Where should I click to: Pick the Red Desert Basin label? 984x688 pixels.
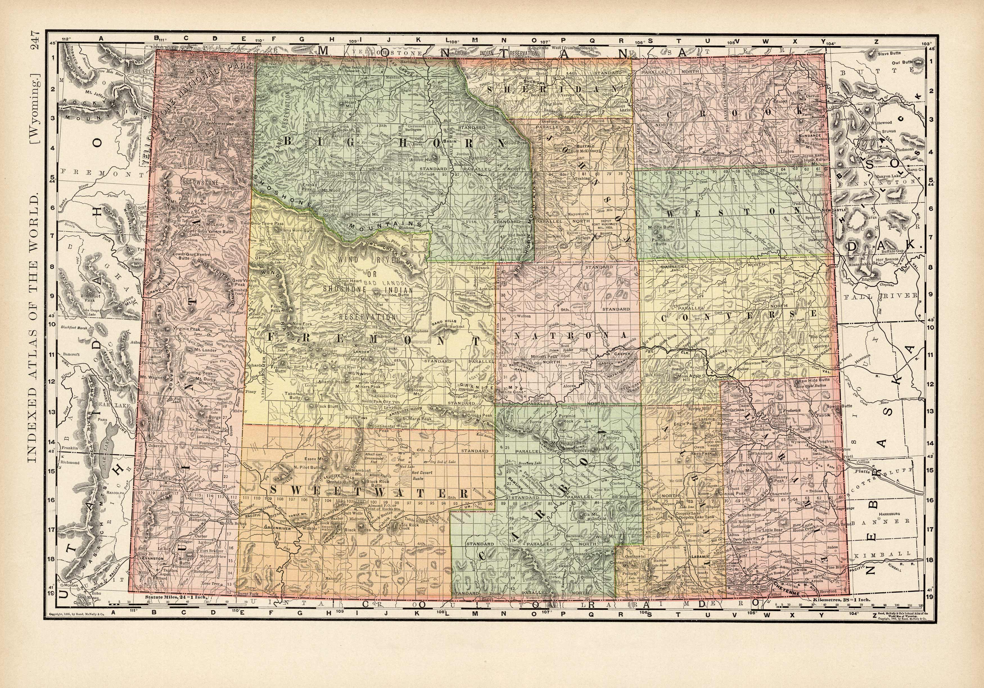pyautogui.click(x=423, y=475)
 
